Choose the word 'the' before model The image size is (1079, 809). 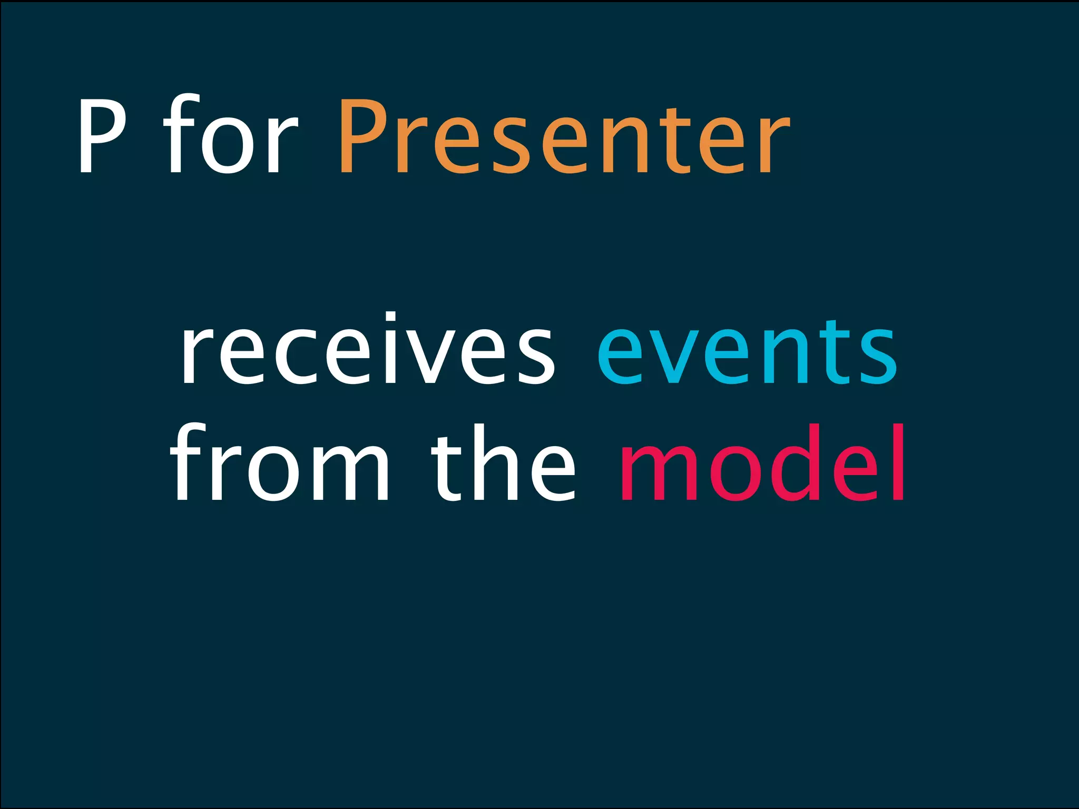click(x=503, y=466)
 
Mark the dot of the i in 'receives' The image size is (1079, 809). click(x=390, y=317)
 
